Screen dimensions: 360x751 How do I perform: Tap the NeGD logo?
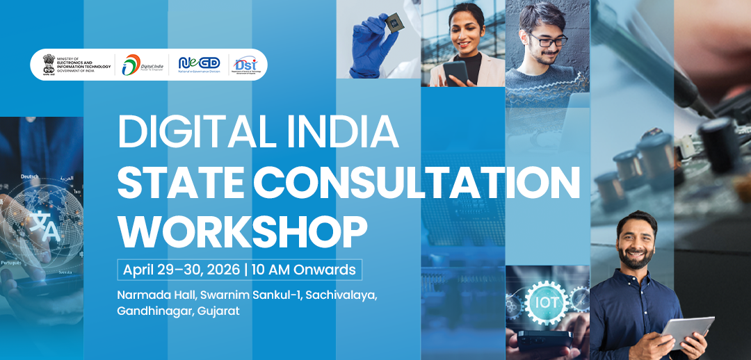(x=199, y=64)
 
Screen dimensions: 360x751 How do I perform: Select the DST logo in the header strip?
(x=247, y=64)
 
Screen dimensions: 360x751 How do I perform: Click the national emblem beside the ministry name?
(x=48, y=64)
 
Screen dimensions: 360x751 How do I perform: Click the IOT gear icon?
(x=546, y=303)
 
